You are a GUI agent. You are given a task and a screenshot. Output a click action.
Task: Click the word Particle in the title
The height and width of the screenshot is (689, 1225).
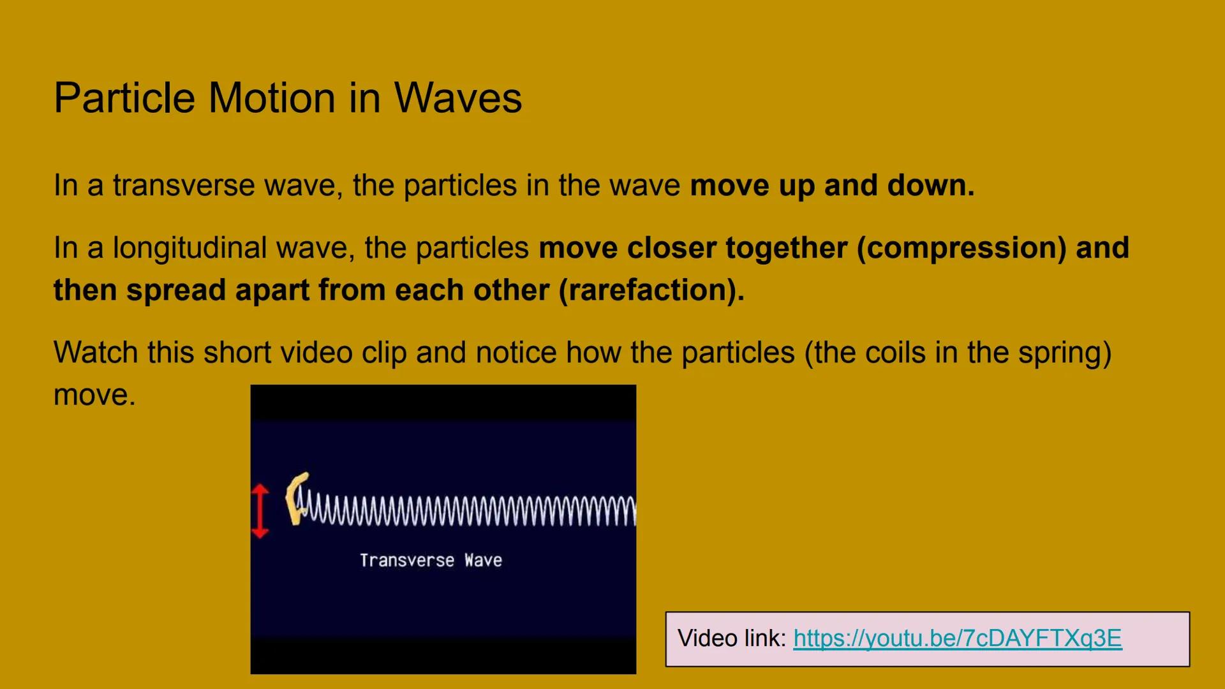(x=124, y=98)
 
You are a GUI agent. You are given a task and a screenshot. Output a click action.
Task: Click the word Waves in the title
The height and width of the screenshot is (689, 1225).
(x=457, y=98)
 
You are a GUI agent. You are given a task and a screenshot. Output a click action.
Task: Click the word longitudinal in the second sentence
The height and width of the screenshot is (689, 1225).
(x=189, y=248)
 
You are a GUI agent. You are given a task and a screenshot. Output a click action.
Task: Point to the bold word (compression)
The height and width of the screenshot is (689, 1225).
(x=961, y=248)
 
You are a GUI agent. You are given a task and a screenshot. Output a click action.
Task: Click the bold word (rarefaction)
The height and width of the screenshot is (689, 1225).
(x=651, y=290)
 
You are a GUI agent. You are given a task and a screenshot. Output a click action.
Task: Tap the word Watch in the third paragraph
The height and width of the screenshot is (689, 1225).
(x=95, y=353)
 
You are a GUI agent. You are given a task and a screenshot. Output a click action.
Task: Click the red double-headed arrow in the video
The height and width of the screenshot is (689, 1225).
(x=260, y=511)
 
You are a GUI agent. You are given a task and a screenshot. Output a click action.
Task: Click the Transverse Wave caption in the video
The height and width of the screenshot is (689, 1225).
(x=431, y=561)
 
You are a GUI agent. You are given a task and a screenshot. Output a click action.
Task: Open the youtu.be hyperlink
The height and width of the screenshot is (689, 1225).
(x=957, y=639)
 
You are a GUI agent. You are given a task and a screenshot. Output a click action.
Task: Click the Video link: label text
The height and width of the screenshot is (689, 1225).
(x=732, y=639)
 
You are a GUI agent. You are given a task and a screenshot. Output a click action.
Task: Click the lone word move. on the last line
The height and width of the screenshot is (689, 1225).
(x=94, y=395)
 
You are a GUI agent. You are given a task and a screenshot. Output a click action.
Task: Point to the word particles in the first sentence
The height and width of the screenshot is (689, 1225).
(x=459, y=186)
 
